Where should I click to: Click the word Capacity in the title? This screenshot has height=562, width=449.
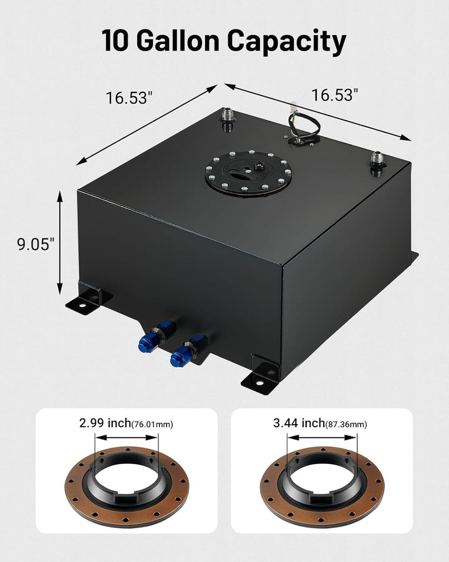pyautogui.click(x=286, y=41)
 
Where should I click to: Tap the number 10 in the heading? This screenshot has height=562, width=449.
pyautogui.click(x=117, y=41)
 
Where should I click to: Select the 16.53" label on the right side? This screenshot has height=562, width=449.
pyautogui.click(x=335, y=95)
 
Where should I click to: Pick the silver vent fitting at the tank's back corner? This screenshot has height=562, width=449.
pyautogui.click(x=226, y=119)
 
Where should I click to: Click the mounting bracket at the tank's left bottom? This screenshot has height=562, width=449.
pyautogui.click(x=87, y=298)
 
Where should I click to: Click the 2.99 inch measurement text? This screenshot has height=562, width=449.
pyautogui.click(x=105, y=423)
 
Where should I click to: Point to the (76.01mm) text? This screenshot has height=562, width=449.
pyautogui.click(x=153, y=425)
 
